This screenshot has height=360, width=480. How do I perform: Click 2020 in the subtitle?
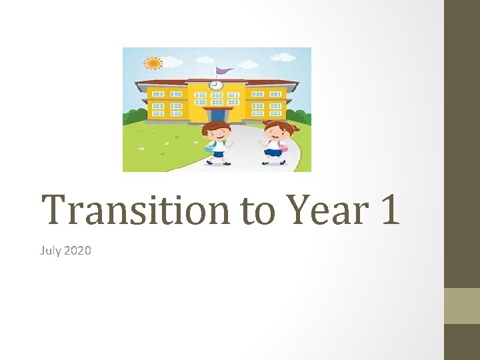click(77, 251)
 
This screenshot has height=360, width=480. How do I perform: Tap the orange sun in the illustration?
click(153, 63)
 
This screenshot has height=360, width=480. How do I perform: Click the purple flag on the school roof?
click(224, 70)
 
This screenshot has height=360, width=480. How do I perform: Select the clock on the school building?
click(215, 85)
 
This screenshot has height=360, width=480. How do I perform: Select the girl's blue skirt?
click(273, 152)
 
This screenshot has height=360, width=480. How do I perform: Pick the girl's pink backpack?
click(284, 145)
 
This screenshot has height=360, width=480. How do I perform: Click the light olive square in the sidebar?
click(462, 305)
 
